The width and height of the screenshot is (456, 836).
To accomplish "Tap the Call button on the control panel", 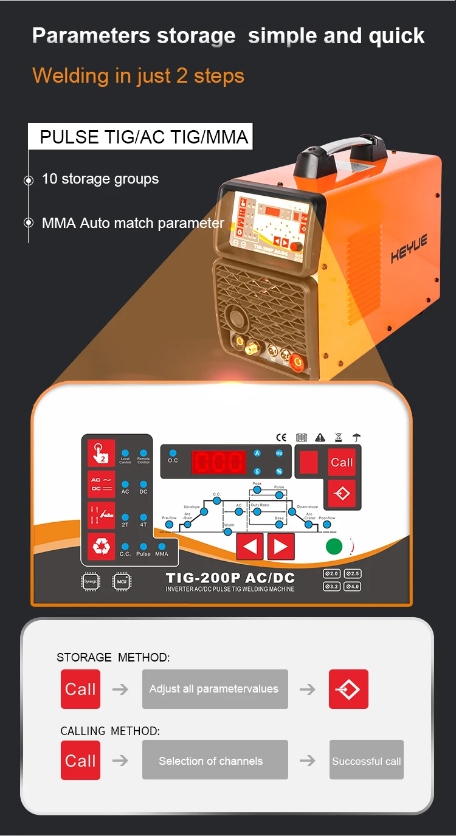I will coord(342,463).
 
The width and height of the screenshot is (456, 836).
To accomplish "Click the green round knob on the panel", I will coord(334,546).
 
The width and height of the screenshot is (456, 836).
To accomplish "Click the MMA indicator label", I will coord(162,554).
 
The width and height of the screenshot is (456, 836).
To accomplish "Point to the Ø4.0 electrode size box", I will coord(353,587).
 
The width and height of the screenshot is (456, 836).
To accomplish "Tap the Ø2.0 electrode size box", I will coord(331,573).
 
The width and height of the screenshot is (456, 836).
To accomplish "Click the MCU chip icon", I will coord(122,582).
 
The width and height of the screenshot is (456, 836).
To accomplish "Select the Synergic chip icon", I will coord(91,582).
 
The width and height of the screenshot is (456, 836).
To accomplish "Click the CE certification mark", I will coord(281,437).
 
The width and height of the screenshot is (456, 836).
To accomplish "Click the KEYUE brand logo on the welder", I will coord(409,249).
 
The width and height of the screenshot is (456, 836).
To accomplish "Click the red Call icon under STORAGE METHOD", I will coord(80,689).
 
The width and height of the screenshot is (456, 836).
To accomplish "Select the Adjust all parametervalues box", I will coord(215,689).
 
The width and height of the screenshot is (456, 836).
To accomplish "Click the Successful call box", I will coord(366,760).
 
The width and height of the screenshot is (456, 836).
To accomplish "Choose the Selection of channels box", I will coord(215,760).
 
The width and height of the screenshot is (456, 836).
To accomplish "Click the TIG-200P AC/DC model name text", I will coord(230,578).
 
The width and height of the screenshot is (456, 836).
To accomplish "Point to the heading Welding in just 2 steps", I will coord(138,76).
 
